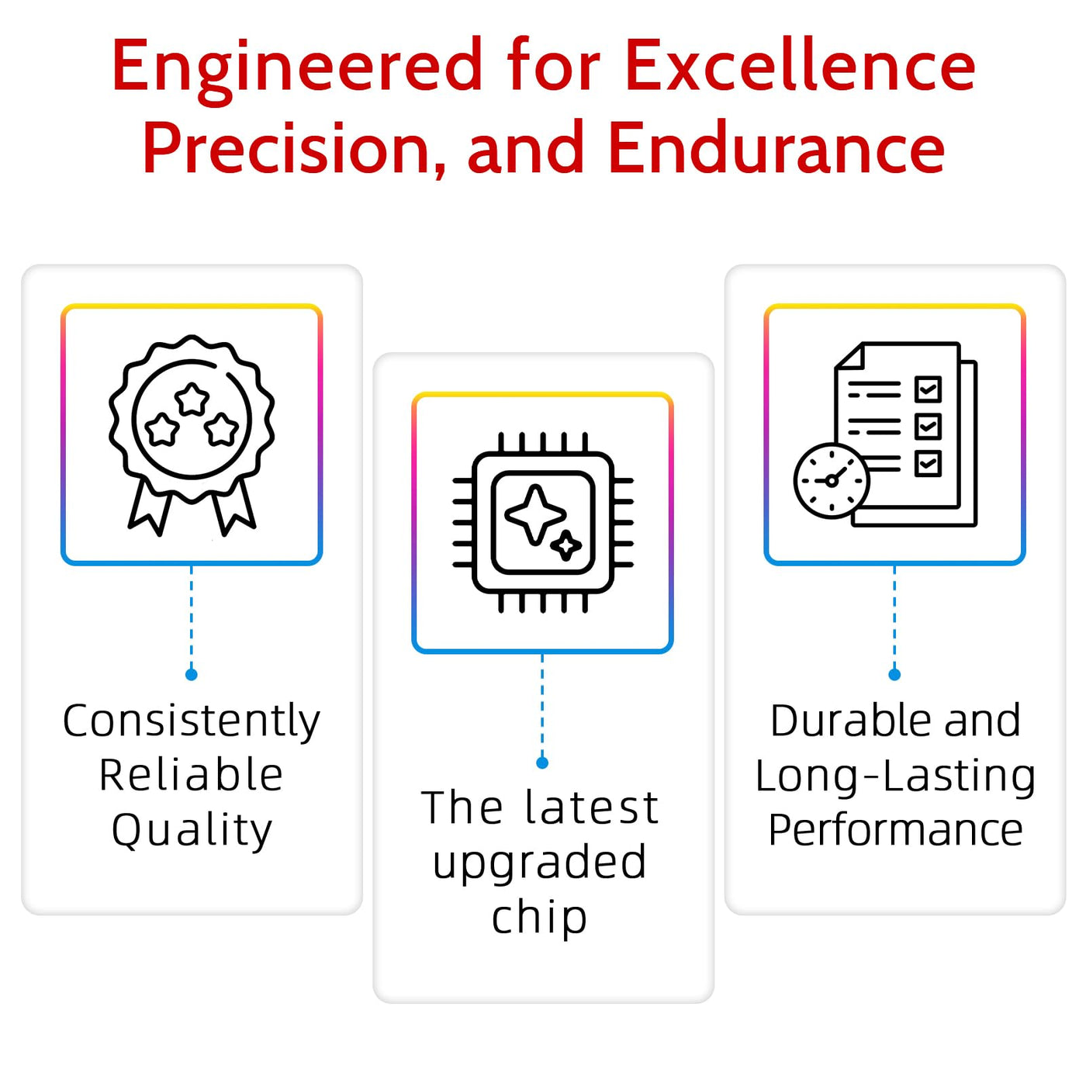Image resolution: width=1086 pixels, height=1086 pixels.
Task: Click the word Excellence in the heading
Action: (x=800, y=66)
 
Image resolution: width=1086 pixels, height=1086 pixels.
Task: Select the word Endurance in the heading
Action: (x=777, y=148)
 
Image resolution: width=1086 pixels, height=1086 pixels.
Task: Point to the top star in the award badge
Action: (x=192, y=399)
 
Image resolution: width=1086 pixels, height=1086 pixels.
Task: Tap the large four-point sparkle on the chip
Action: (x=534, y=514)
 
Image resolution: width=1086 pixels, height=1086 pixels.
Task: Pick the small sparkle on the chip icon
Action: (x=565, y=545)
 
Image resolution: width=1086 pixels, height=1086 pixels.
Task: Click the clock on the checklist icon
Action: (x=832, y=481)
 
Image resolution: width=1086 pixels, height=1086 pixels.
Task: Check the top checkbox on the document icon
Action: (x=928, y=389)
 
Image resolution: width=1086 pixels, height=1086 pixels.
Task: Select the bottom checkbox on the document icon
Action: (x=928, y=463)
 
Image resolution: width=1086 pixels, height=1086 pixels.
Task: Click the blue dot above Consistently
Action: (x=191, y=675)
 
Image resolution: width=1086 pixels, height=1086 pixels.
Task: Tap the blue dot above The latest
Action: (x=542, y=763)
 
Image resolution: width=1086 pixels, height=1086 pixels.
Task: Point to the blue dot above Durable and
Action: (x=894, y=675)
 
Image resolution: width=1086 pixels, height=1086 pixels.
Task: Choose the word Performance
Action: (x=895, y=830)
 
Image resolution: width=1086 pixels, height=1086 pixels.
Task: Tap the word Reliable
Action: (x=191, y=775)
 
